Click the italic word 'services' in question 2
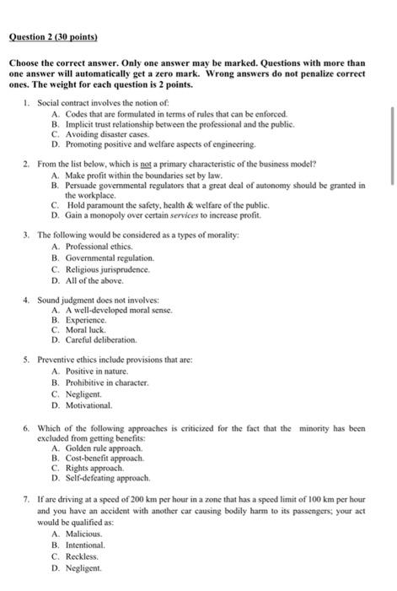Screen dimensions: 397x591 (168, 214)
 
